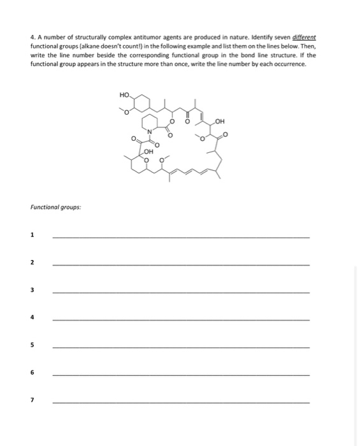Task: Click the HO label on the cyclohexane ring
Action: tap(124, 96)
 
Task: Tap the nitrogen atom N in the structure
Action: tap(150, 132)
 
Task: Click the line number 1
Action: tap(32, 235)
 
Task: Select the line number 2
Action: tap(32, 263)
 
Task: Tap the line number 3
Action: tap(32, 290)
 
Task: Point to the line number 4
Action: tap(32, 317)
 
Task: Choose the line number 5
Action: tap(32, 345)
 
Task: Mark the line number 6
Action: tap(32, 372)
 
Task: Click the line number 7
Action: tap(32, 400)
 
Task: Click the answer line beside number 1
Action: tap(181, 237)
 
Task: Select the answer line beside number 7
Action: tap(181, 402)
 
